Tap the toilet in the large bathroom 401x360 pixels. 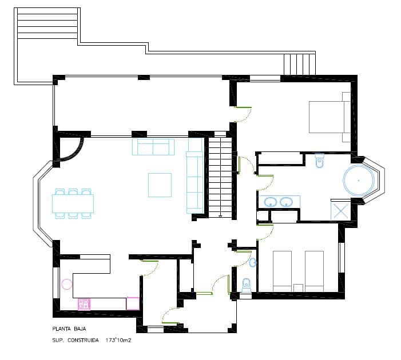coord(320,160)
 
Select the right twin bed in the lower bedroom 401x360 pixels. coord(315,268)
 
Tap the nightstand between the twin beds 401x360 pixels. coord(298,286)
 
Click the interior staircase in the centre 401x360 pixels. coord(220,177)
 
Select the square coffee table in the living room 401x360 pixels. coord(160,185)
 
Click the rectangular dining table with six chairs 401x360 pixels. coord(73,203)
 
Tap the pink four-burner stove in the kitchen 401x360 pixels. coord(84,304)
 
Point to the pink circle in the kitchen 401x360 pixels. coord(68,283)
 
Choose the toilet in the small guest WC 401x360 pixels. coord(247,284)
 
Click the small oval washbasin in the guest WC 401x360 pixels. coord(253,262)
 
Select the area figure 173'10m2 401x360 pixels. coord(118,340)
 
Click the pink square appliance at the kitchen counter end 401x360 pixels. coord(133,303)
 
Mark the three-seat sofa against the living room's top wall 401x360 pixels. coord(153,147)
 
